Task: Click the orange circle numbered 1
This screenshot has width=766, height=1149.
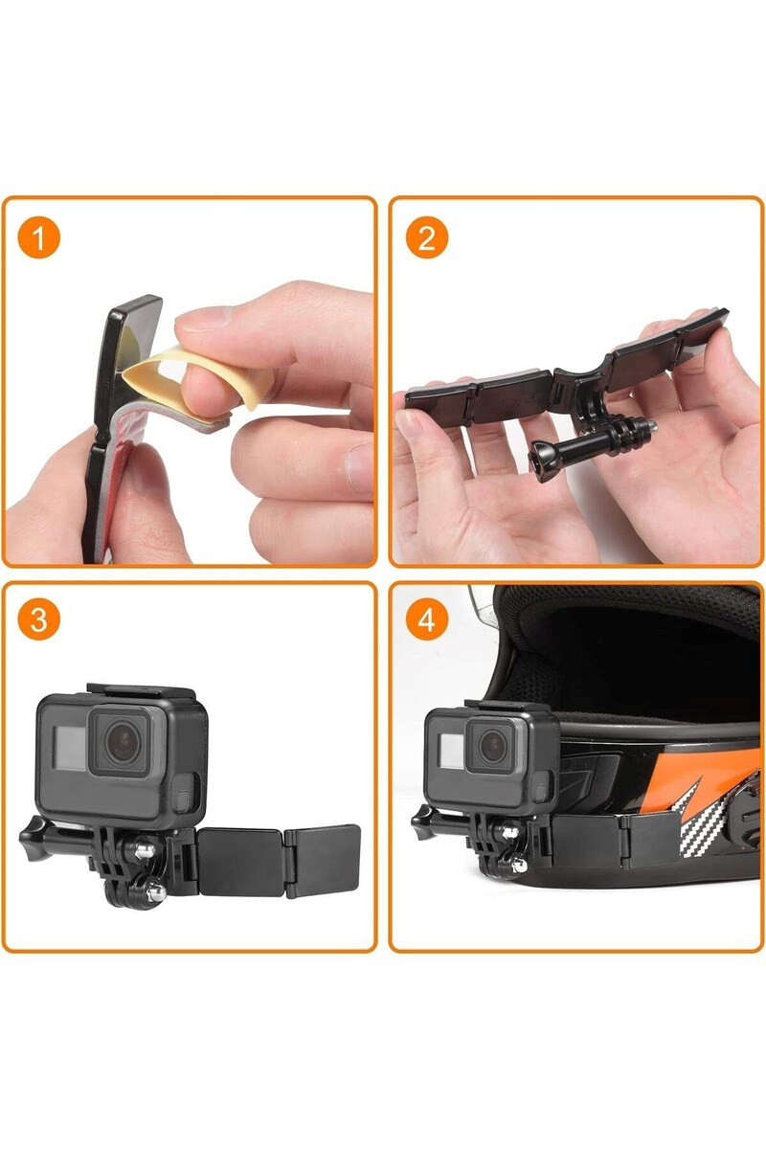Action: click(39, 238)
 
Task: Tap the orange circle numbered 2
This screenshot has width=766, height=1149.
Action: click(427, 238)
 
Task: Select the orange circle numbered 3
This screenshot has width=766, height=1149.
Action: click(39, 620)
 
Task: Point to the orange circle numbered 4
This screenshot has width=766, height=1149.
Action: click(427, 620)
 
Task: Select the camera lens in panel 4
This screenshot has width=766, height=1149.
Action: click(492, 744)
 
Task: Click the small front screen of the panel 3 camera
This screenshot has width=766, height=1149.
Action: click(70, 748)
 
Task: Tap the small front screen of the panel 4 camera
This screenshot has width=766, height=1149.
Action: click(452, 750)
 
